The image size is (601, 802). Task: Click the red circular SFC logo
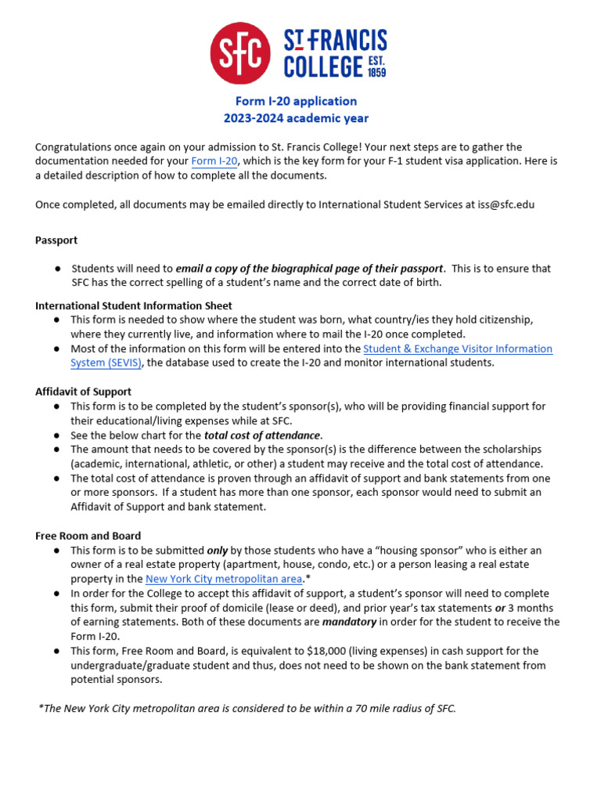[241, 53]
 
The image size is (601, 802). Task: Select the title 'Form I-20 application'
[297, 101]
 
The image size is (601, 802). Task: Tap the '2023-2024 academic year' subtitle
[297, 118]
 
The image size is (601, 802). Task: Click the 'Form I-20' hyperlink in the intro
[214, 161]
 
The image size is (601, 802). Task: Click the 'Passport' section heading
[56, 240]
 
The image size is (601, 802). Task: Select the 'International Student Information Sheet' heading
[134, 305]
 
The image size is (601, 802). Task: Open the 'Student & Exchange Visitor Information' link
[457, 349]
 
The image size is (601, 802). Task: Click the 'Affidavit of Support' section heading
[83, 392]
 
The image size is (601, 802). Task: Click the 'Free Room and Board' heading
[88, 536]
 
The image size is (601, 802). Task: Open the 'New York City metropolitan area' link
[224, 579]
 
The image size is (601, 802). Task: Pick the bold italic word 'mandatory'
[350, 622]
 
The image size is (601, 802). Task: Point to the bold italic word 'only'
[218, 551]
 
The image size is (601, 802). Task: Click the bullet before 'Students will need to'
[57, 269]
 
